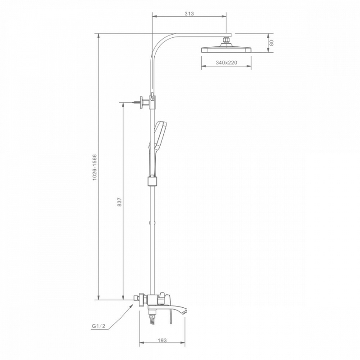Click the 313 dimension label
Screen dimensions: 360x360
coord(189,13)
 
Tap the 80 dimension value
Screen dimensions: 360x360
coord(271,43)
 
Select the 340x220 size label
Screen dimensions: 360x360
coord(226,63)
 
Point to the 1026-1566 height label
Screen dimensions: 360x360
coord(94,167)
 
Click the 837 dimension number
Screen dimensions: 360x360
coord(120,202)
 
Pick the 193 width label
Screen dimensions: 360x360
coord(162,340)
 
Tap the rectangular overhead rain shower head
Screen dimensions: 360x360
coord(226,49)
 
